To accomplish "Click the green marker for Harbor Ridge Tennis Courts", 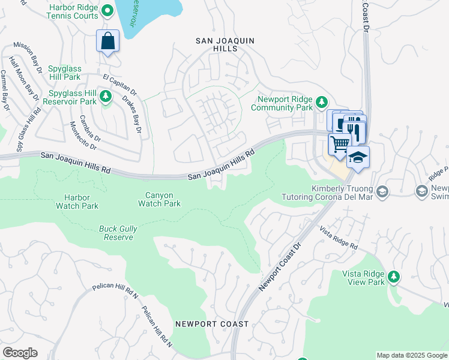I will [107, 10].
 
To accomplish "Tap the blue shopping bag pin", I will [107, 41].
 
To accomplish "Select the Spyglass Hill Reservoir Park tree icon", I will [106, 96].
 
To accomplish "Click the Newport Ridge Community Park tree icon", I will [322, 101].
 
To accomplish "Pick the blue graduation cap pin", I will [358, 157].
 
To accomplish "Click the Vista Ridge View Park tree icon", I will [394, 277].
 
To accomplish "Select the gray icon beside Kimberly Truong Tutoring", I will [383, 191].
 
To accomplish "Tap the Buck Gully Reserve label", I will [116, 232].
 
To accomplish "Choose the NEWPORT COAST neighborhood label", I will [212, 324].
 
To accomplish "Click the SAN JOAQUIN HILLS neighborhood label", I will [226, 44].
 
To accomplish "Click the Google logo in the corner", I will [20, 353].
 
